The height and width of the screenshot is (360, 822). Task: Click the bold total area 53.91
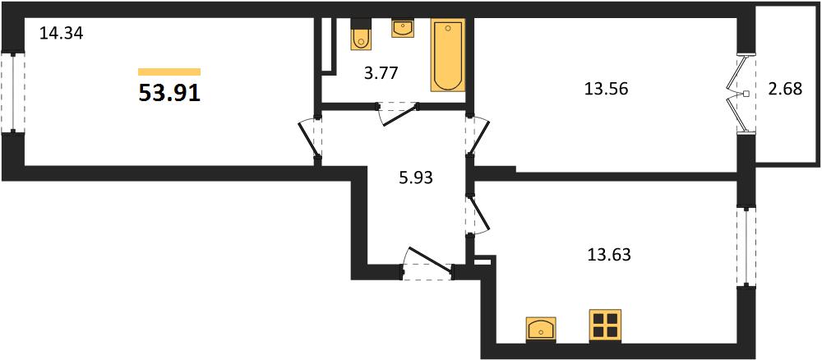pos(169,93)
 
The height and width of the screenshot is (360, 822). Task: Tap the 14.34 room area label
pos(62,34)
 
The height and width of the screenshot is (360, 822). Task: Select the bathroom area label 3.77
pos(382,72)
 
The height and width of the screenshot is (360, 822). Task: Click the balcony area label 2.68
pos(785,89)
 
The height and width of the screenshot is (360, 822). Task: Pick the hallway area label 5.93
pos(415,178)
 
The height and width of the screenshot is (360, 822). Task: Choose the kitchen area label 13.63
pos(608,255)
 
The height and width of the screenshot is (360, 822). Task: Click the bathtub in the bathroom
pos(448,55)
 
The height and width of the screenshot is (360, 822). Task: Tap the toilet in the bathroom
pos(361,35)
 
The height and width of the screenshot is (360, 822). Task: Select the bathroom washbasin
pos(403,28)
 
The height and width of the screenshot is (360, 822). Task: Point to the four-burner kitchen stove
pos(605,325)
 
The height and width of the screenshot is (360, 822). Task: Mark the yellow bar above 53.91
pos(169,72)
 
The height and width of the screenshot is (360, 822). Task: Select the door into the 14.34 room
pos(309,139)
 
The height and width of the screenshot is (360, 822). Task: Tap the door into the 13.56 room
pos(478,136)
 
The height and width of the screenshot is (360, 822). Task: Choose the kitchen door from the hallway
pos(478,214)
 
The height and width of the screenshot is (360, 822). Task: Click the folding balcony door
pos(738,93)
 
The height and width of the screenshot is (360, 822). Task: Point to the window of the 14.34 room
pos(12,93)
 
